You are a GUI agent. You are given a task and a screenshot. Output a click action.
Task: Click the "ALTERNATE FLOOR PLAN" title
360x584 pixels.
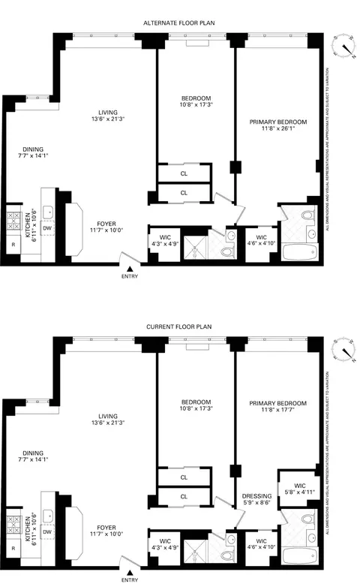[180, 23]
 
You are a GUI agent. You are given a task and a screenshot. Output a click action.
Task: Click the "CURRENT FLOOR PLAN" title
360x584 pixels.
[180, 328]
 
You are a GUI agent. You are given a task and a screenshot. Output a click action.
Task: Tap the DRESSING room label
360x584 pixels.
[256, 496]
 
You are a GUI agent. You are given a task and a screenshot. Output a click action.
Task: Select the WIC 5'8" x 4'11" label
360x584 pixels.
[298, 486]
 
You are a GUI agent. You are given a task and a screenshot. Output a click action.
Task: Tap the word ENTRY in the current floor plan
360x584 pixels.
[130, 579]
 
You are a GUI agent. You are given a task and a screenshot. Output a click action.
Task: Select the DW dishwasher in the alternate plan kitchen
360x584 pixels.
[46, 228]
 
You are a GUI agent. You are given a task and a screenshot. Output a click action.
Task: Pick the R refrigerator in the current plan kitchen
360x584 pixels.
[13, 552]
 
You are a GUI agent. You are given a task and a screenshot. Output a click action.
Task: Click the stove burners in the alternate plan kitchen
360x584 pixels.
[14, 218]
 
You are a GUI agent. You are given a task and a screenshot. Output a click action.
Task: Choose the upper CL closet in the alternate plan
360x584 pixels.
[184, 172]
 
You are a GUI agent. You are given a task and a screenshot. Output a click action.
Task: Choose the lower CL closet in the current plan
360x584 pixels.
[184, 496]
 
